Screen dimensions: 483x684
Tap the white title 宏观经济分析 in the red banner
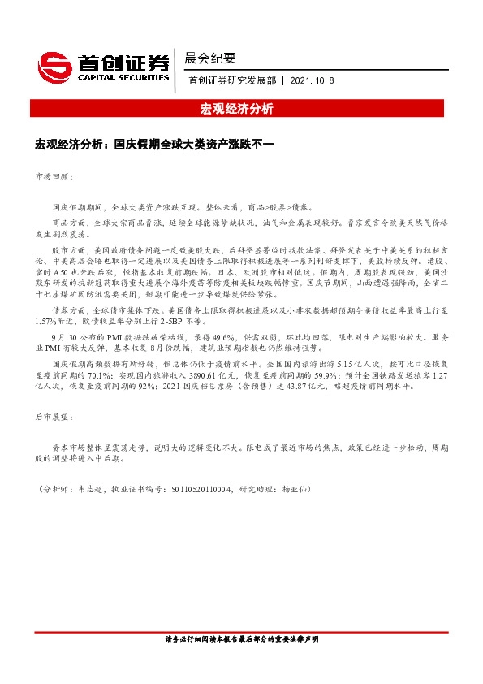pyautogui.click(x=241, y=109)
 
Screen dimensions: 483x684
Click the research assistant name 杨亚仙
pyautogui.click(x=294, y=489)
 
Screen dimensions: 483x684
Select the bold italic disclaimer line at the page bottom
pyautogui.click(x=241, y=640)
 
